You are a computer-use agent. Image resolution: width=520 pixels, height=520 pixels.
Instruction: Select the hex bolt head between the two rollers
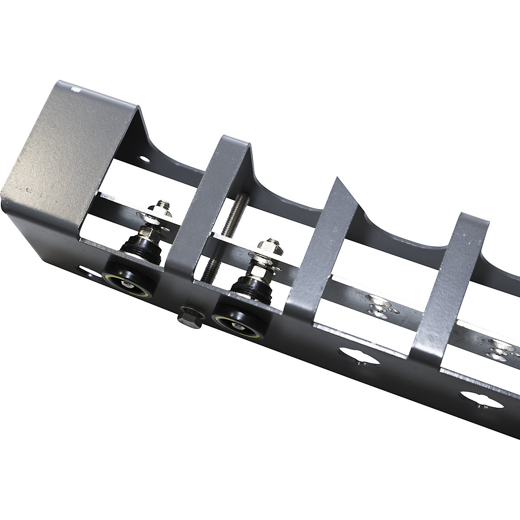pos(189,317)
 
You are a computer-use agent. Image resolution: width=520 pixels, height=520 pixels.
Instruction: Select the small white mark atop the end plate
pos(77,90)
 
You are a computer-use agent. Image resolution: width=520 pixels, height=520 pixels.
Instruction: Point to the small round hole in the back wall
pos(145,159)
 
